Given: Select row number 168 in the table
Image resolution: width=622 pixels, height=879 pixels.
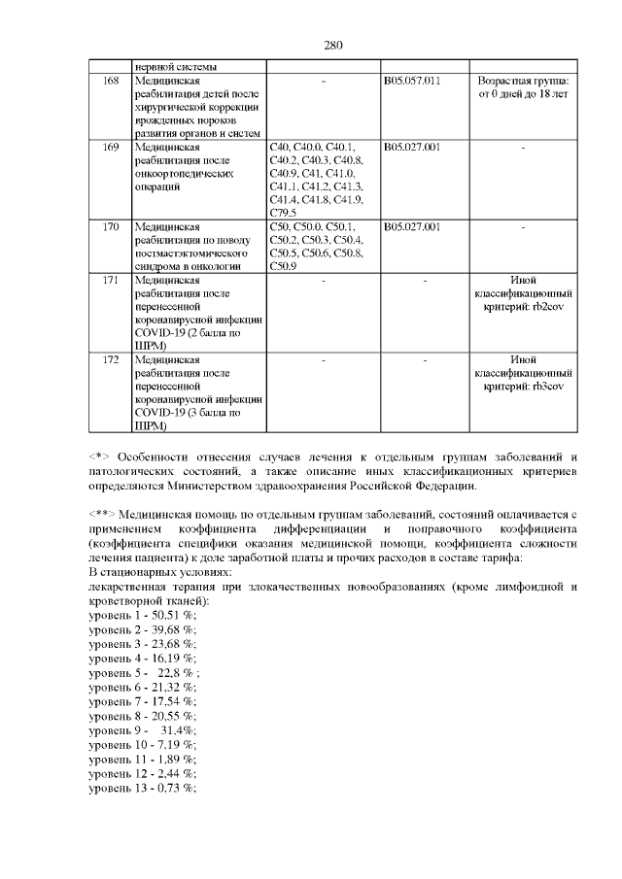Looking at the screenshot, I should pos(110,80).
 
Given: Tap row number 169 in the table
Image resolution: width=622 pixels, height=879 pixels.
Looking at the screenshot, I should pos(110,147).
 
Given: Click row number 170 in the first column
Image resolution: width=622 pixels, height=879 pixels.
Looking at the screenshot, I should pos(110,227).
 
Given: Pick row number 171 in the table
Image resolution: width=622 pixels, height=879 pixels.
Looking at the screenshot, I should pos(110,281).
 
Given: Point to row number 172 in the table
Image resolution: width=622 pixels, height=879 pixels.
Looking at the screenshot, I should pos(110,360).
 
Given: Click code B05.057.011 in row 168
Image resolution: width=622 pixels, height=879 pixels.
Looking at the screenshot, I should pos(412,80).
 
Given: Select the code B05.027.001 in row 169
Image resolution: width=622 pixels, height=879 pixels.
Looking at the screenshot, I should pos(412,147).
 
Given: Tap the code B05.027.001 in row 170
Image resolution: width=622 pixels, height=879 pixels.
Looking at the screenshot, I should pos(412,227).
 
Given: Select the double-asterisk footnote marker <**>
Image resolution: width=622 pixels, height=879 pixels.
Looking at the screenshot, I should pos(104,513).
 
